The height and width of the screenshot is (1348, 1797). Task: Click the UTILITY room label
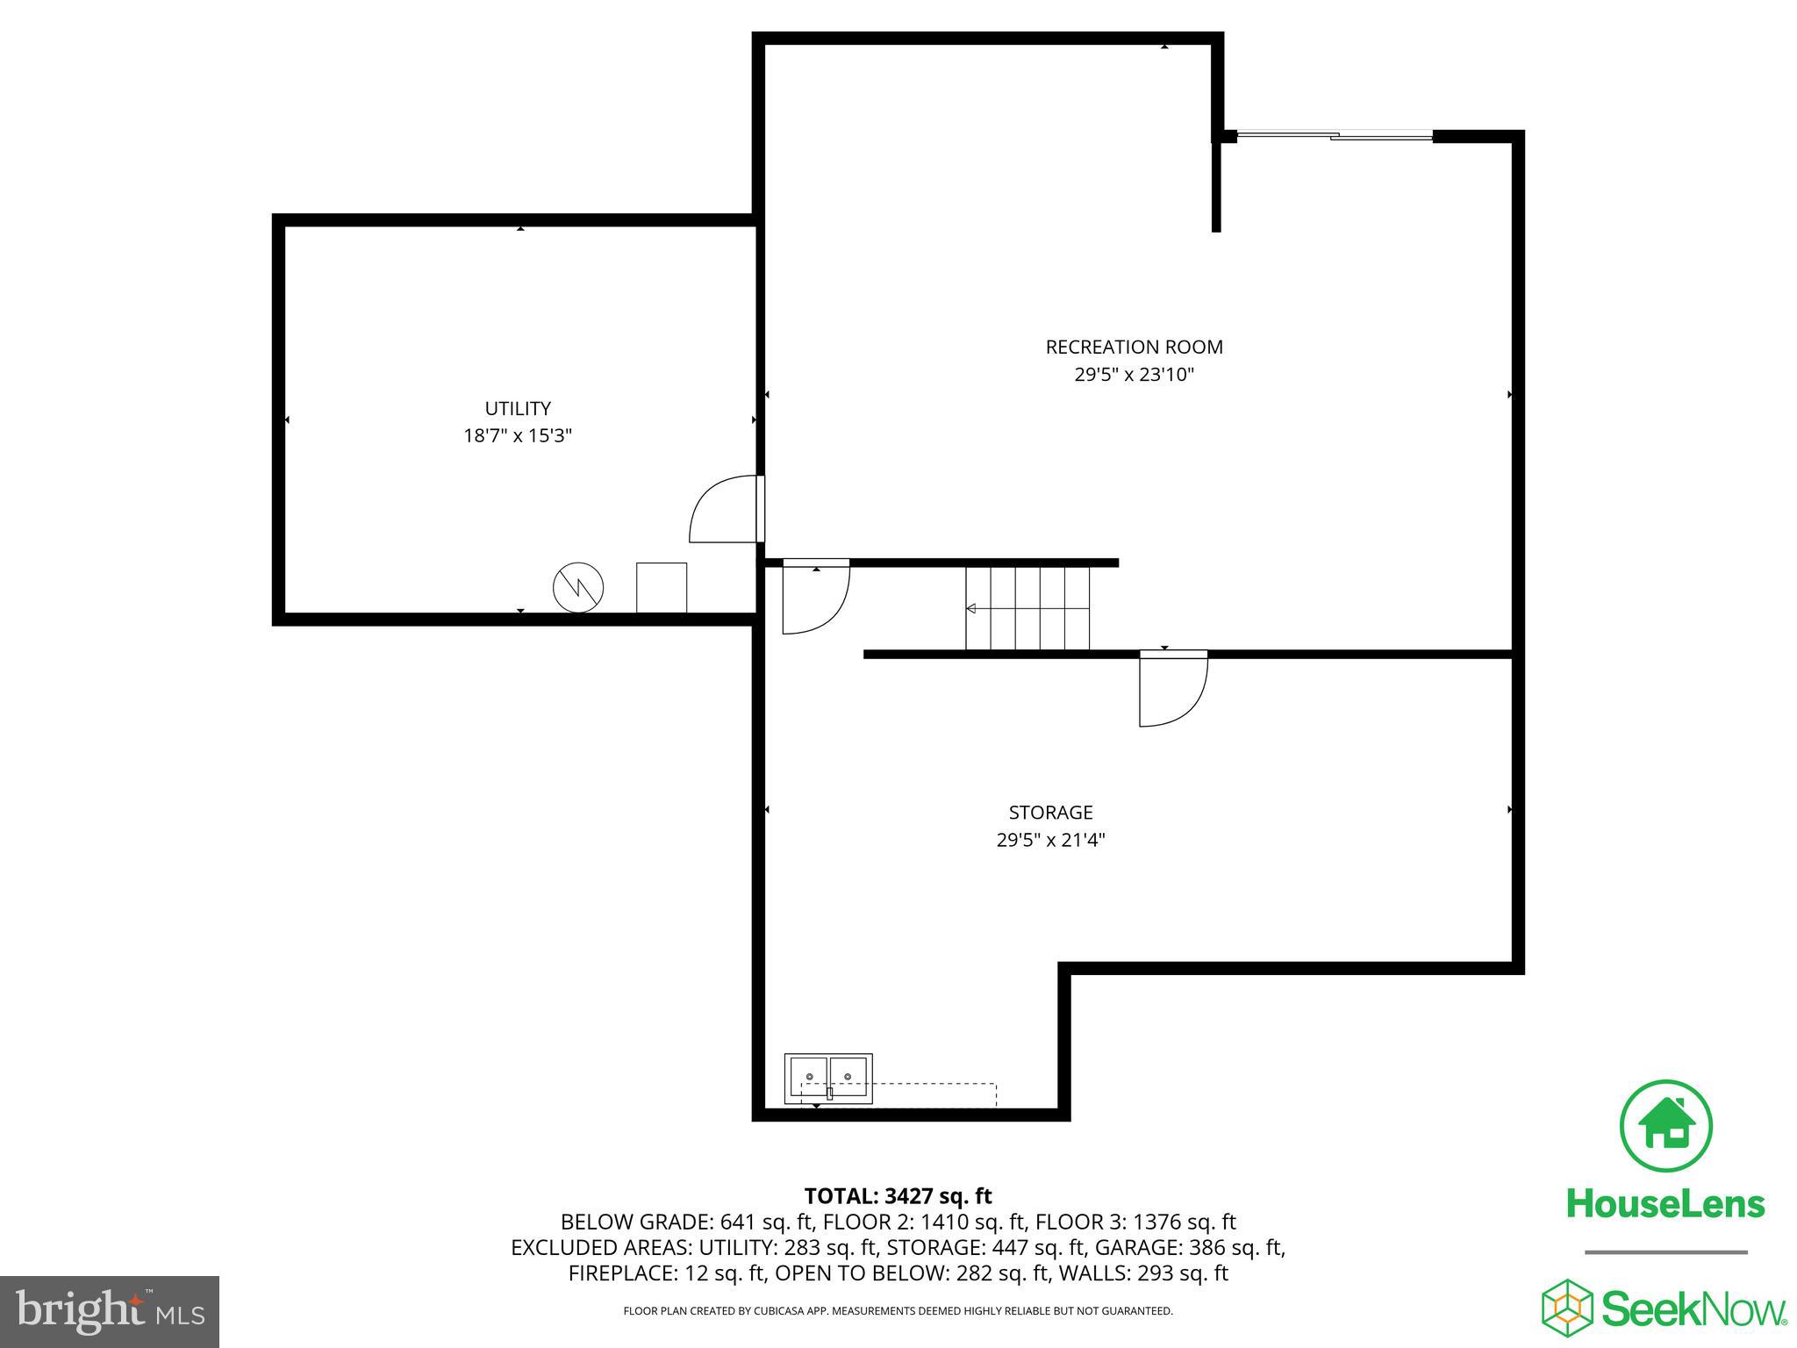518,408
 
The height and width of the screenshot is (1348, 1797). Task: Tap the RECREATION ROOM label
1134,347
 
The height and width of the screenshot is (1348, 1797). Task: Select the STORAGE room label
1050,812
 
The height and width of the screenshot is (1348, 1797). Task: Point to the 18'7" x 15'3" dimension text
518,435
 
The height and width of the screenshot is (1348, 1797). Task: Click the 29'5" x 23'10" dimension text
1134,375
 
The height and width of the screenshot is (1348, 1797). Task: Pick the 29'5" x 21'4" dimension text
1050,840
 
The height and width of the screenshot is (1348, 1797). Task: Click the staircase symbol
1027,608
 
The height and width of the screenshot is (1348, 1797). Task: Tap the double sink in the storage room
828,1079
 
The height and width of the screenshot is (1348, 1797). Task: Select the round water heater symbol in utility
578,588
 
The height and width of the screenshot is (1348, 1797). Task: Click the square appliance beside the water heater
661,587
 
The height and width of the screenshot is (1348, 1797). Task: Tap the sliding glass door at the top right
1334,135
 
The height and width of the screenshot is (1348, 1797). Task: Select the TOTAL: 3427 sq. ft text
898,1195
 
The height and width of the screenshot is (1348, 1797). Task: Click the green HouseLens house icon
1665,1126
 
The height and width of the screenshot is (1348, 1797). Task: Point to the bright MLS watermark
110,1311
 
